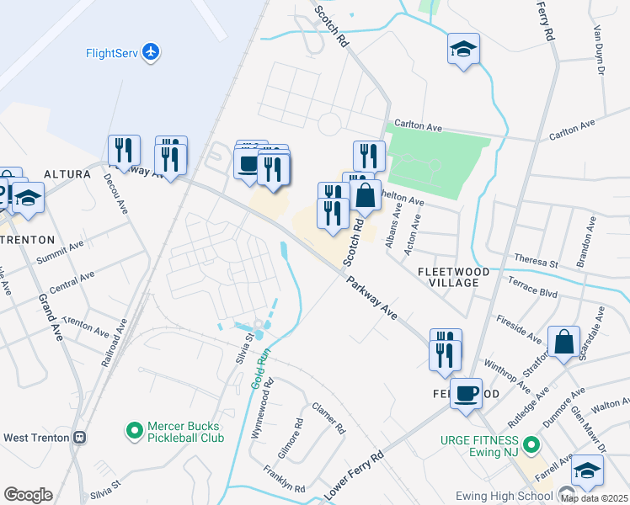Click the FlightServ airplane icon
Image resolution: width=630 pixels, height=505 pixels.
point(152,53)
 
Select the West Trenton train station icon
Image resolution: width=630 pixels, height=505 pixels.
point(80,438)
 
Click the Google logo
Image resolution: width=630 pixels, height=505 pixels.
point(28,495)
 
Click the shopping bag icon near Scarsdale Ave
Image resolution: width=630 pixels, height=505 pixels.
point(563,342)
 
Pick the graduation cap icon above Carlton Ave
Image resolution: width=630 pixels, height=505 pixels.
point(463,48)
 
